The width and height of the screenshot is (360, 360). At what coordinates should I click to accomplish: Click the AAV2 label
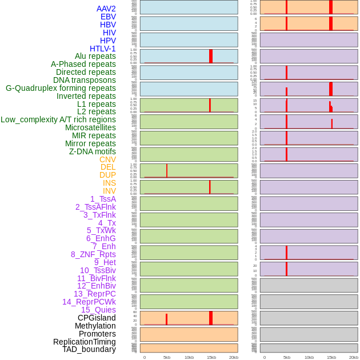[106, 9]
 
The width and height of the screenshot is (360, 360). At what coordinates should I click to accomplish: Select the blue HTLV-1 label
[102, 49]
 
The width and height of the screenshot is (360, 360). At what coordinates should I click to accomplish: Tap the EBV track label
[108, 17]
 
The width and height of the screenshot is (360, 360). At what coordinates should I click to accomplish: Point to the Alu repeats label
[95, 56]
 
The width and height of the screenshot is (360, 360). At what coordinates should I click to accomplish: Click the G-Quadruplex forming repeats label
[61, 88]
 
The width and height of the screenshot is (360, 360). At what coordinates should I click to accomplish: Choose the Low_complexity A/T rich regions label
[58, 119]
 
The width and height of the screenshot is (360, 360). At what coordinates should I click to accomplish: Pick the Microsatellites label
[90, 127]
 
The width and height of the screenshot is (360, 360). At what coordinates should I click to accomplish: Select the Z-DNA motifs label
[93, 151]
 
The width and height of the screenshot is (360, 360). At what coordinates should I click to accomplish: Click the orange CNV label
[107, 159]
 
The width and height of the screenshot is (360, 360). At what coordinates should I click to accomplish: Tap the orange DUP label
[107, 175]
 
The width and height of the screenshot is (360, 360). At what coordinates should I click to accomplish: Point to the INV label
[109, 191]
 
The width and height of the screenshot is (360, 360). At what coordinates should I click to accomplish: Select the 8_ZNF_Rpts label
[93, 254]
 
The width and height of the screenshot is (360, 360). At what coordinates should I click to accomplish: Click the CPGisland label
[97, 318]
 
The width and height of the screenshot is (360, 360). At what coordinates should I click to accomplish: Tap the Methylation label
[95, 326]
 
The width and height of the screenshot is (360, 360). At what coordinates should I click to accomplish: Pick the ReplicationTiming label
[84, 342]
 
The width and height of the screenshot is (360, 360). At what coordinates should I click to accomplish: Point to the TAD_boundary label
[89, 349]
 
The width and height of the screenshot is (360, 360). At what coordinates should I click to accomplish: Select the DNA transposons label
[85, 80]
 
